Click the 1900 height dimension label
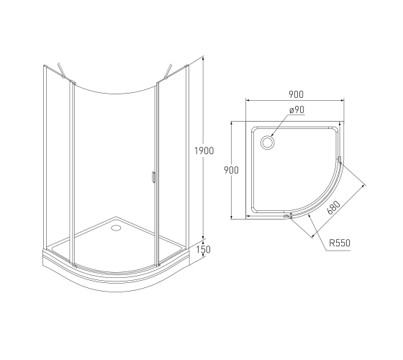pos(204,150)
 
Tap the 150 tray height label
pos(203,249)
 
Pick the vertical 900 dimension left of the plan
pos(231,170)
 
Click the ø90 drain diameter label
pos(296,110)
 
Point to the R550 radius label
pos(340,243)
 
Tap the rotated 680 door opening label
pos(334,207)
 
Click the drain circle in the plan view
pos(268,143)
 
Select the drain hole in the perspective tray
pos(116,228)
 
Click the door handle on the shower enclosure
pos(153,177)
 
